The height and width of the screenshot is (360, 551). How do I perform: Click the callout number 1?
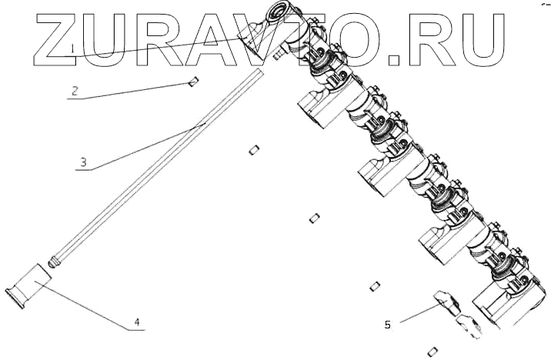click(x=72, y=48)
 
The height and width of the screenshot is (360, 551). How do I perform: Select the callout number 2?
click(x=75, y=91)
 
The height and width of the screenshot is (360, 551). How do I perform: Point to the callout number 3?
click(x=83, y=162)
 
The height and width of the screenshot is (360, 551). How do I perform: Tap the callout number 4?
click(x=137, y=322)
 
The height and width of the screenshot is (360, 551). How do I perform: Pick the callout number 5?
click(x=388, y=325)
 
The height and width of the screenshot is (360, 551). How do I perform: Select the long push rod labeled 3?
click(x=159, y=165)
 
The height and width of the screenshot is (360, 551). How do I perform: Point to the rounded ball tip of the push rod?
click(x=52, y=263)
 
